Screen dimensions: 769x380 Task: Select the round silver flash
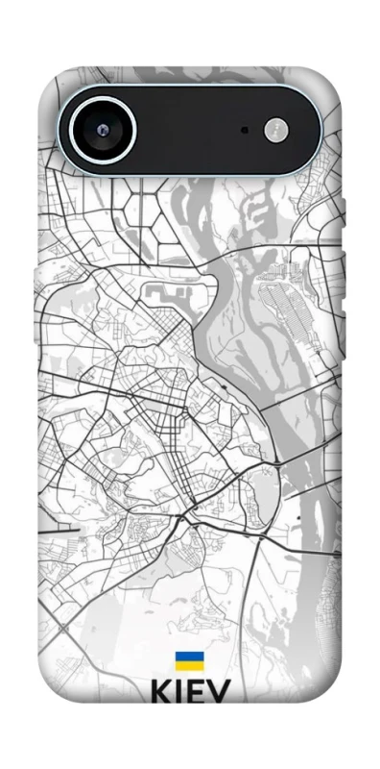276,129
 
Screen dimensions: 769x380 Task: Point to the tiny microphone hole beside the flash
245,129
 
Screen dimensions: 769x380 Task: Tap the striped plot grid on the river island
288,298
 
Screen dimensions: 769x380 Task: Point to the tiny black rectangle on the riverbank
299,518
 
